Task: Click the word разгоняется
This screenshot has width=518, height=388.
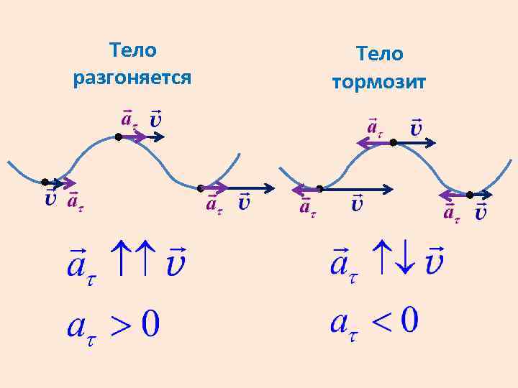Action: pos(132,77)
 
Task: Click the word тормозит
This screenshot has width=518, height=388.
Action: pos(379,82)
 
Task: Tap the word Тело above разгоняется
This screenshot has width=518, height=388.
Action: pos(132,50)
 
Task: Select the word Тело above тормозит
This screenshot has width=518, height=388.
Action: pos(380,54)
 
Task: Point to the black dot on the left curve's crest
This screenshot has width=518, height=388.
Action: pos(118,137)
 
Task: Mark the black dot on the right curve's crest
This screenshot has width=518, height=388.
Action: pos(393,143)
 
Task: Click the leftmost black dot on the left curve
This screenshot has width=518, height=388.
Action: pos(45,182)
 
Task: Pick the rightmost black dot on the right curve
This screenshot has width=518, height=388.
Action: pos(469,195)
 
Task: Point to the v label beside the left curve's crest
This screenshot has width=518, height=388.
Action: pos(155,118)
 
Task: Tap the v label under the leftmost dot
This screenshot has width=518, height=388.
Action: pos(50,199)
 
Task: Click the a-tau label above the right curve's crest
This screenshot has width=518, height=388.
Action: pos(374,127)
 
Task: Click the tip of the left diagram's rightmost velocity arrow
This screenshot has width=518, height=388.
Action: pos(273,189)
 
